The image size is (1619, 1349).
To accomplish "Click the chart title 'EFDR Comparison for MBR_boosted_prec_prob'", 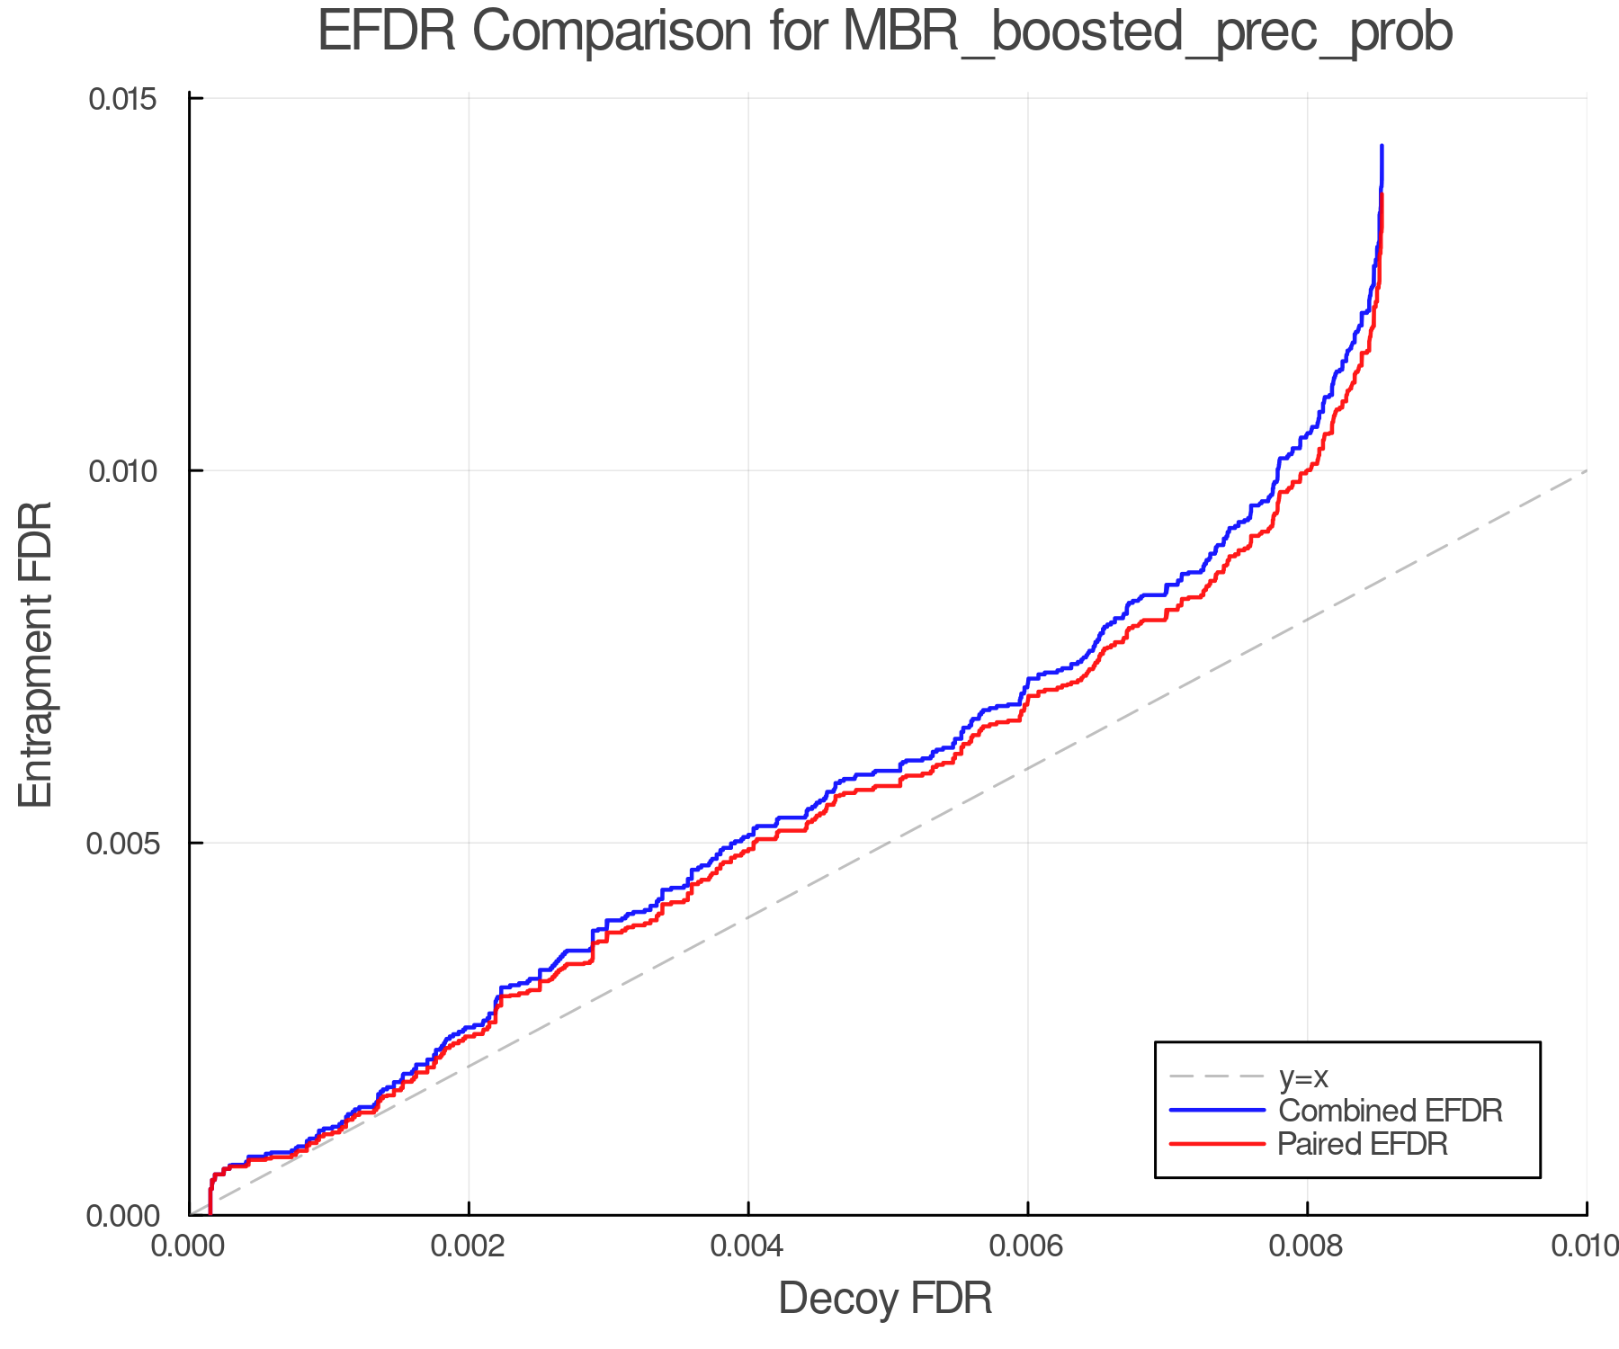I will pos(885,32).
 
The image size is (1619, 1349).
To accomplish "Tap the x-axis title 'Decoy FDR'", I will pos(885,1298).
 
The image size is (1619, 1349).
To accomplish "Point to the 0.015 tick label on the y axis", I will pos(122,98).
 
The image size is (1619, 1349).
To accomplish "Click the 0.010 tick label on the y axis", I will pos(122,470).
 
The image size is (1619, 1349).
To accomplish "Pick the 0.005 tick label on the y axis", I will pos(122,844).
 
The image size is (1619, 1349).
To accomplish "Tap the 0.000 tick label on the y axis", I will pos(122,1216).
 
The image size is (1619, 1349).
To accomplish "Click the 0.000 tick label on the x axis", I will pos(190,1246).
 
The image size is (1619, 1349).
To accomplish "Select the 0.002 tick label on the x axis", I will pos(469,1246).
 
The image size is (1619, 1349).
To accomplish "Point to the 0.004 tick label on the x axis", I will pos(748,1246).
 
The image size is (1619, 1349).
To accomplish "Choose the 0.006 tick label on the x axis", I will pos(1027,1246).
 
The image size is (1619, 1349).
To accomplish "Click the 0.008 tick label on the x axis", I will pos(1307,1246).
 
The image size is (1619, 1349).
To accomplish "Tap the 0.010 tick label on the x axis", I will pos(1585,1246).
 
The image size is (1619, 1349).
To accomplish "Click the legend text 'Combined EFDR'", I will pos(1390,1111).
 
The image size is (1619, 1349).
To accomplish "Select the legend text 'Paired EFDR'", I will pos(1363,1144).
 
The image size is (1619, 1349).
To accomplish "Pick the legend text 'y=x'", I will pos(1303,1077).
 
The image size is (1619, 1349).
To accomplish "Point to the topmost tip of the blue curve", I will pos(1382,146).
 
